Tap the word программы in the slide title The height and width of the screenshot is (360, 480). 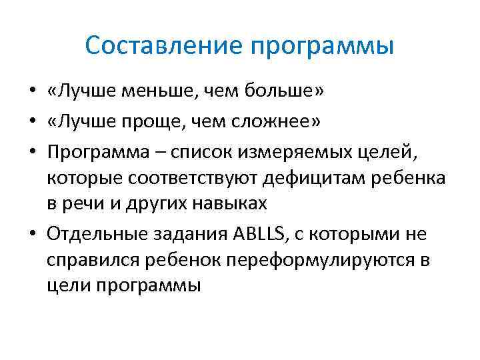click(x=322, y=47)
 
